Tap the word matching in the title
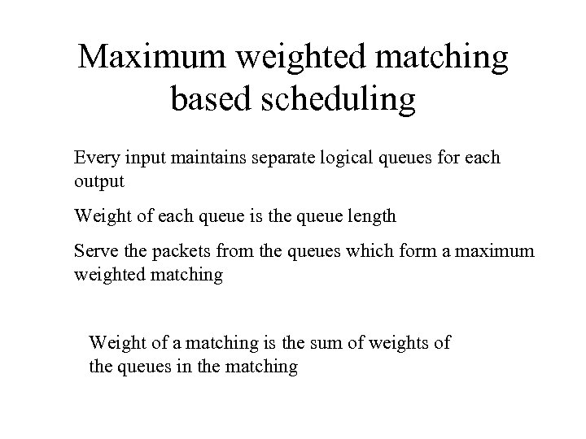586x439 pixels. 446,59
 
